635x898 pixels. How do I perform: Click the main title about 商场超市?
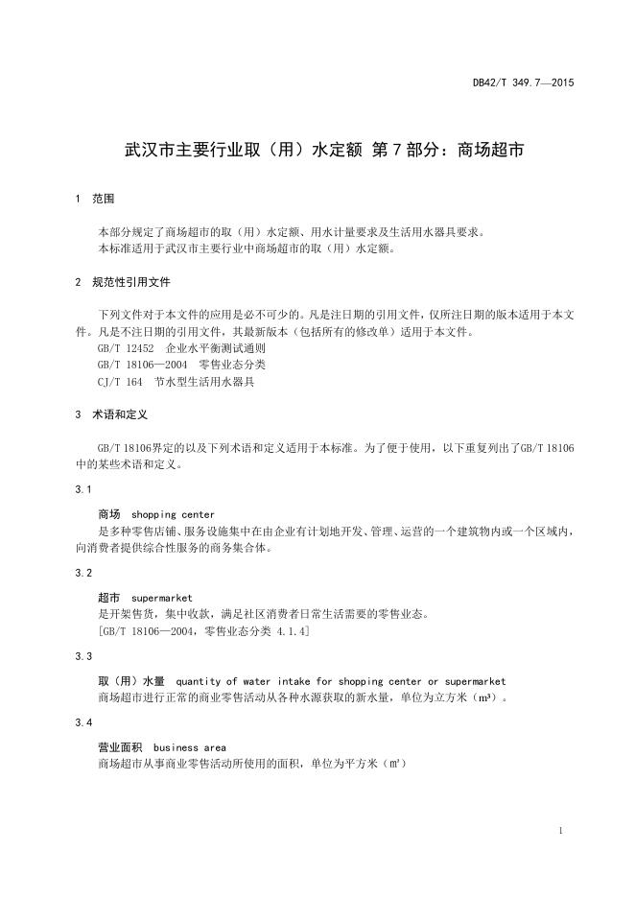pos(317,150)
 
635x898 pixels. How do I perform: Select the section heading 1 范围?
pos(94,200)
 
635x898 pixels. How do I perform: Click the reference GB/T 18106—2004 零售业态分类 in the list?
pos(181,365)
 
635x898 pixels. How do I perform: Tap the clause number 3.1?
pos(83,488)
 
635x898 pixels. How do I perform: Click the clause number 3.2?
pos(83,572)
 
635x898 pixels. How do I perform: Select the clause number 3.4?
pos(83,721)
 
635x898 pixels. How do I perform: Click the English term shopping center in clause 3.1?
pos(173,514)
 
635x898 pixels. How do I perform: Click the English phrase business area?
pos(189,747)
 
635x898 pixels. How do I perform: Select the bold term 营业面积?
pos(120,747)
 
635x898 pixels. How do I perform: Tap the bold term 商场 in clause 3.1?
pos(109,514)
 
